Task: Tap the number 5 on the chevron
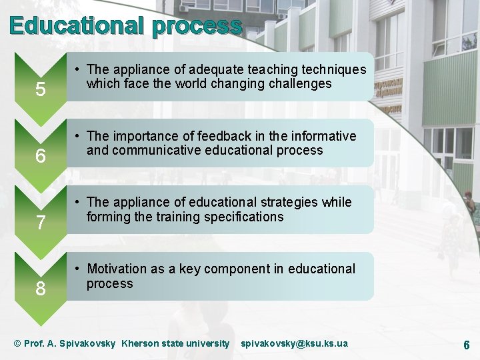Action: coord(41,89)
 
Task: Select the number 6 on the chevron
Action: coord(41,156)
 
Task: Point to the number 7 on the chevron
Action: coord(41,223)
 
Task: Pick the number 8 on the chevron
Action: coord(41,289)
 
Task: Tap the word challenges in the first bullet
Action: coord(299,84)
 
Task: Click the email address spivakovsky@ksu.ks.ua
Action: coord(294,343)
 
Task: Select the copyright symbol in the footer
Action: coord(17,343)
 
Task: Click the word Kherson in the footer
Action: coord(139,343)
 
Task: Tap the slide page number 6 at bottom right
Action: coord(466,345)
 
